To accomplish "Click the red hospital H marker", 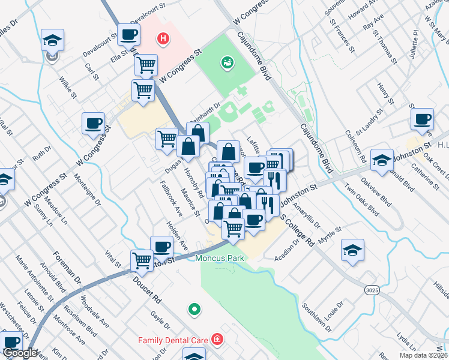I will point(161,40).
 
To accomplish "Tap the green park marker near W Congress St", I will point(228,61).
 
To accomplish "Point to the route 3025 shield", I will point(371,290).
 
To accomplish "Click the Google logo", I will point(19,353).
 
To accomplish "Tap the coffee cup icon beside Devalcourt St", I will point(128,34).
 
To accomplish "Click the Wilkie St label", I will point(68,87).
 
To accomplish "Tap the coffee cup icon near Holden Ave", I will point(161,246).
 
